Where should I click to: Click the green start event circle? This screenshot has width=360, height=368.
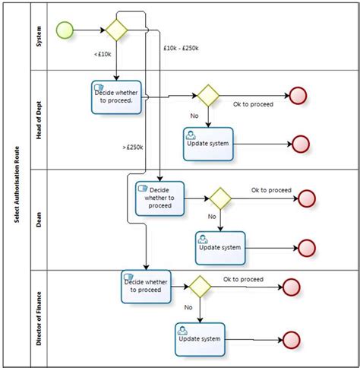click(66, 30)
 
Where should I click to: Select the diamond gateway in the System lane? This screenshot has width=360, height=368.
click(117, 30)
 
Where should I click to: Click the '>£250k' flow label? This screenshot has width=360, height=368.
click(134, 146)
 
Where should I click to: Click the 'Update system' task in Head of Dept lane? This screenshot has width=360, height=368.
click(208, 143)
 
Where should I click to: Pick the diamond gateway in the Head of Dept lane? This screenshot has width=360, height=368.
click(207, 96)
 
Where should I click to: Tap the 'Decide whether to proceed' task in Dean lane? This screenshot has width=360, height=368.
click(160, 197)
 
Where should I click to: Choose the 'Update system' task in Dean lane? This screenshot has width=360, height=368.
click(219, 247)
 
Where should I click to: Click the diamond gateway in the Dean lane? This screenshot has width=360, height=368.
click(219, 198)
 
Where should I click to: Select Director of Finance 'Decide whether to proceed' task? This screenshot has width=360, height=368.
click(145, 286)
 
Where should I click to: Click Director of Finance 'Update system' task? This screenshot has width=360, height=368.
click(200, 339)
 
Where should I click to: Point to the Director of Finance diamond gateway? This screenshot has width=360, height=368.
click(199, 287)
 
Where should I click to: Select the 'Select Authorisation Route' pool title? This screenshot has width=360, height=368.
click(16, 185)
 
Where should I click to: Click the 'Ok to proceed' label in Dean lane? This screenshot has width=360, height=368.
click(271, 190)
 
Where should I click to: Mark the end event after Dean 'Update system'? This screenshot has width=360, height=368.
click(308, 248)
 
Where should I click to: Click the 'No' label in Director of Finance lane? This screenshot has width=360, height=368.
click(187, 308)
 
